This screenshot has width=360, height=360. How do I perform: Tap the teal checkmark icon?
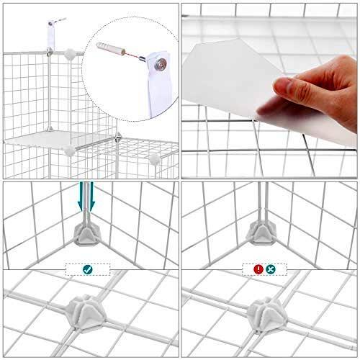tap(87, 269)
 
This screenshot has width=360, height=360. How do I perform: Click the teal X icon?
tap(271, 269)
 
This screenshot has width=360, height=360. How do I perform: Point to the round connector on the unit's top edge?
tap(69, 53)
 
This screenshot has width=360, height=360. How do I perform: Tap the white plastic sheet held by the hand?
tap(230, 79)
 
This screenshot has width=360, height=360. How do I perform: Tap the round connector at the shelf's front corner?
tap(69, 150)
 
